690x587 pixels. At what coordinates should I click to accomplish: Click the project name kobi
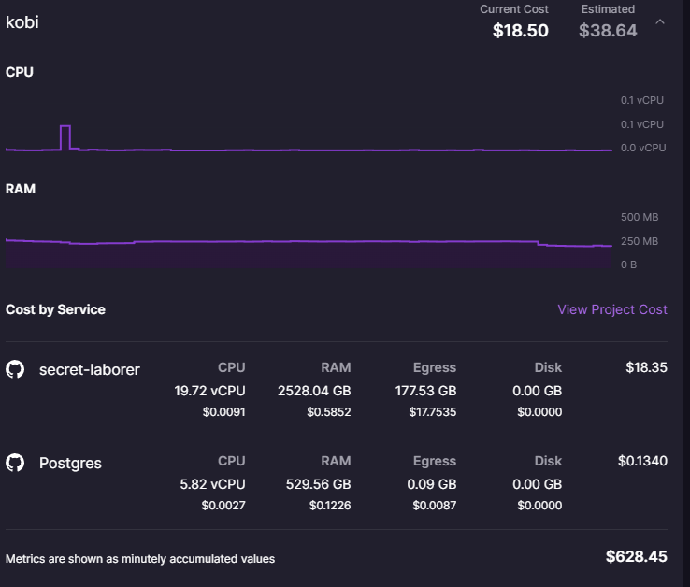22,21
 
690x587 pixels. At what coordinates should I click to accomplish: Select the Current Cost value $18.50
521,30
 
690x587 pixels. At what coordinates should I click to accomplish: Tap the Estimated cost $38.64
608,30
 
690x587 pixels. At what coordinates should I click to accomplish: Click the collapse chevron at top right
660,21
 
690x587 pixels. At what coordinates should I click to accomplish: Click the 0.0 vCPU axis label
643,148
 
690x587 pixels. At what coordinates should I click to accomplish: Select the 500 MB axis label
640,217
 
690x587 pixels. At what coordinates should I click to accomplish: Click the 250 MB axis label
640,241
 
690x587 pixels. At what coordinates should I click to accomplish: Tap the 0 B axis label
629,265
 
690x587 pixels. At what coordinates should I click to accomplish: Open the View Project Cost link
612,309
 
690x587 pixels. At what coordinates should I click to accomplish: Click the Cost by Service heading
55,309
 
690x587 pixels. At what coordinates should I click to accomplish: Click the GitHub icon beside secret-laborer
15,369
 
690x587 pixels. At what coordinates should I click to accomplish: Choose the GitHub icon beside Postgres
15,463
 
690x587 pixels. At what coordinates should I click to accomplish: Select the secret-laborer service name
90,369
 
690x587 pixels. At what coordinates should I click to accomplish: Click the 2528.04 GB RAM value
314,391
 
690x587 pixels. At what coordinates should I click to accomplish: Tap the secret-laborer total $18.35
646,367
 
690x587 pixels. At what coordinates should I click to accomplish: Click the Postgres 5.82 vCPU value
210,484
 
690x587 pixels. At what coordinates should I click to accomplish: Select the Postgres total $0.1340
642,461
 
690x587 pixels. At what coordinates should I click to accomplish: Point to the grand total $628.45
637,556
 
